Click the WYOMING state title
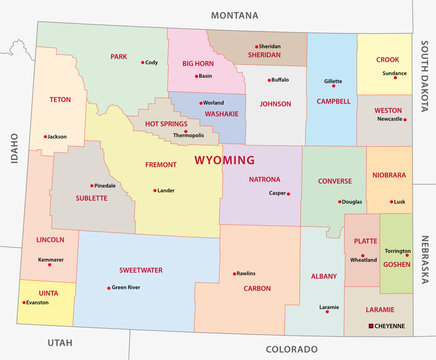click(x=224, y=160)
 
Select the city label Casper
click(x=277, y=193)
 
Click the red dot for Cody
click(x=142, y=62)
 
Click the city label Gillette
click(x=333, y=81)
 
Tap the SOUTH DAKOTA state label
click(x=424, y=89)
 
